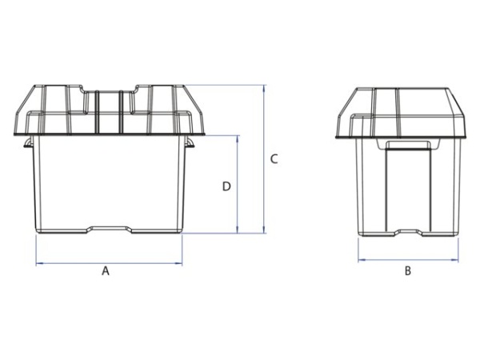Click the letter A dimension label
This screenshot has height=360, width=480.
105,271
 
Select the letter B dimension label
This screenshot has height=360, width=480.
407,271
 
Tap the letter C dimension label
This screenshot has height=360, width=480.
274,158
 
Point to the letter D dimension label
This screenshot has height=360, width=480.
226,186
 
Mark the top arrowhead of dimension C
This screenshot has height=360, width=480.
264,86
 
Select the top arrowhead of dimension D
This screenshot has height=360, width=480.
238,137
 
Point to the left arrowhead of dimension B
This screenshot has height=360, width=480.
359,260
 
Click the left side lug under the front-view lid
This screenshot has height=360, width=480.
28,144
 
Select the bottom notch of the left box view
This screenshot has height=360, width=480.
110,229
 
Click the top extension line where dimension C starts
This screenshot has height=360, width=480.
232,84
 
